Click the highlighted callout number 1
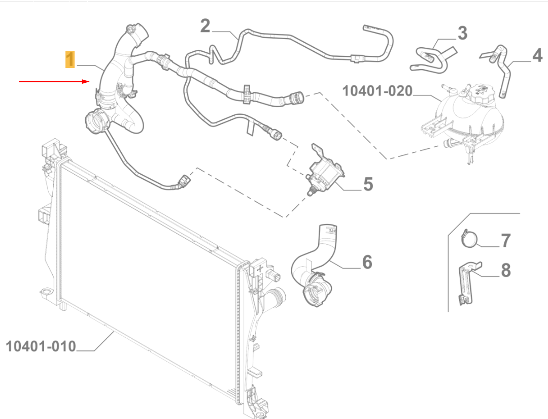click(70, 59)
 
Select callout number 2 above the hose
click(205, 25)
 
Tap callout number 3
click(462, 34)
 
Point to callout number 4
click(537, 55)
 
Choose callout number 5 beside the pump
click(368, 184)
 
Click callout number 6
click(367, 262)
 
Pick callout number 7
click(505, 240)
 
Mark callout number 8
click(505, 271)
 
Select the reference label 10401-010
click(41, 347)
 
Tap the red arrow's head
click(87, 81)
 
